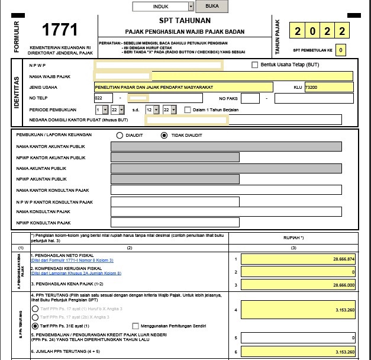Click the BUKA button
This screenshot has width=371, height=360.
[212, 6]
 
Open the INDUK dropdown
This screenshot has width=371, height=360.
[163, 7]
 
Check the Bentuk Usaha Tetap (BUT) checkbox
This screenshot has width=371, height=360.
[255, 65]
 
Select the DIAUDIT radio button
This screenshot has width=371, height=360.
[120, 135]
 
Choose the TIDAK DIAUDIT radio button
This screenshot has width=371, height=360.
[164, 135]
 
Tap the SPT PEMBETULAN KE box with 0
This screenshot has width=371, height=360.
[340, 51]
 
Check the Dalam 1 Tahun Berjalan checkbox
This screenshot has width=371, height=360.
[188, 110]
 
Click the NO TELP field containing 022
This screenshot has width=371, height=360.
[104, 98]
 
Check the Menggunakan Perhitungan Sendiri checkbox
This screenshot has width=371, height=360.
[136, 326]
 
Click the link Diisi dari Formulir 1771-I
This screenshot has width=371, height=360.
[72, 261]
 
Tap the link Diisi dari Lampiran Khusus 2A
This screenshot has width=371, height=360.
[76, 273]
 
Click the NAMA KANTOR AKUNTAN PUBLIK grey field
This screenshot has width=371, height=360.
[226, 146]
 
